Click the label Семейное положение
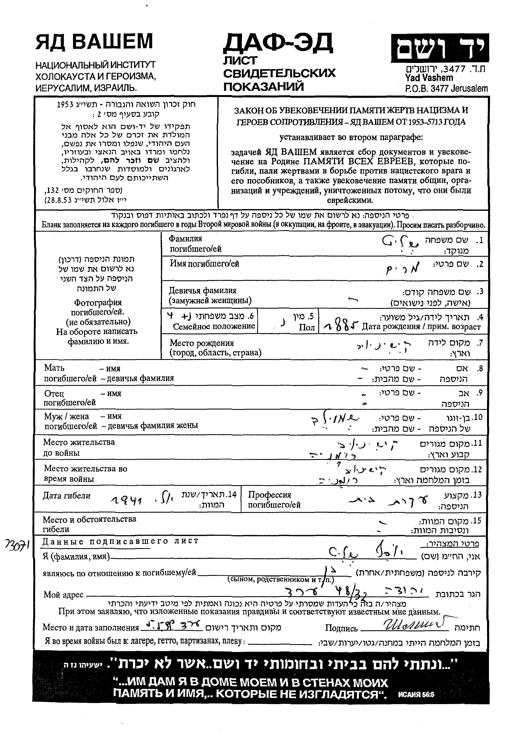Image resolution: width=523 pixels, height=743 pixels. pyautogui.click(x=214, y=326)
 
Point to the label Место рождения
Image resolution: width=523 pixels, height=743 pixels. pyautogui.click(x=201, y=343)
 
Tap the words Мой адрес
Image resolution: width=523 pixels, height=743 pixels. pyautogui.click(x=63, y=595)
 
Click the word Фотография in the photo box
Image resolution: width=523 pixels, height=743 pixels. pyautogui.click(x=98, y=302)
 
